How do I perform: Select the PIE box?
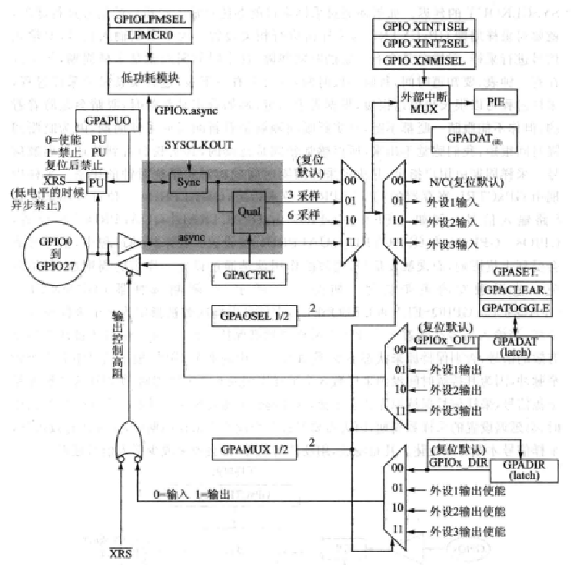coord(495,101)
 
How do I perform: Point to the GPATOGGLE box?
coord(516,307)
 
